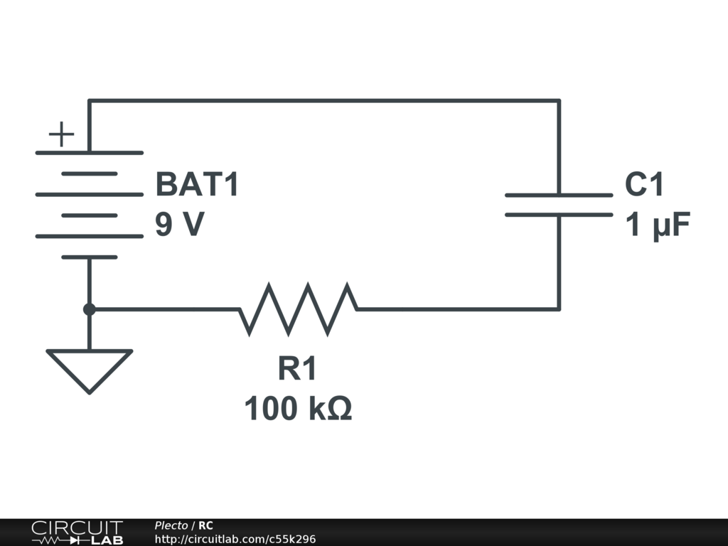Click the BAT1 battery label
[x=198, y=185]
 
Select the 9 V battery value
[x=180, y=225]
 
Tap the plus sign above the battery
[x=62, y=134]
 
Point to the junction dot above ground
[x=90, y=309]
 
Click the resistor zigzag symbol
[x=298, y=309]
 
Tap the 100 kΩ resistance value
[x=298, y=409]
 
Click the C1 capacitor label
[x=644, y=185]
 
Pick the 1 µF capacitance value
[x=658, y=226]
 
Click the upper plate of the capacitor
[x=559, y=195]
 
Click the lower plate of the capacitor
[x=559, y=214]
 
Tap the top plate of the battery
[x=90, y=152]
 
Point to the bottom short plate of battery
[x=90, y=257]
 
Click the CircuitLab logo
[x=76, y=532]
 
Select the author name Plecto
[x=171, y=525]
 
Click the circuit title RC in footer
[x=205, y=525]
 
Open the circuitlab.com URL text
[x=235, y=539]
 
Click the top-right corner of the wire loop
[x=559, y=101]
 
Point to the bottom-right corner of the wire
[x=559, y=309]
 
